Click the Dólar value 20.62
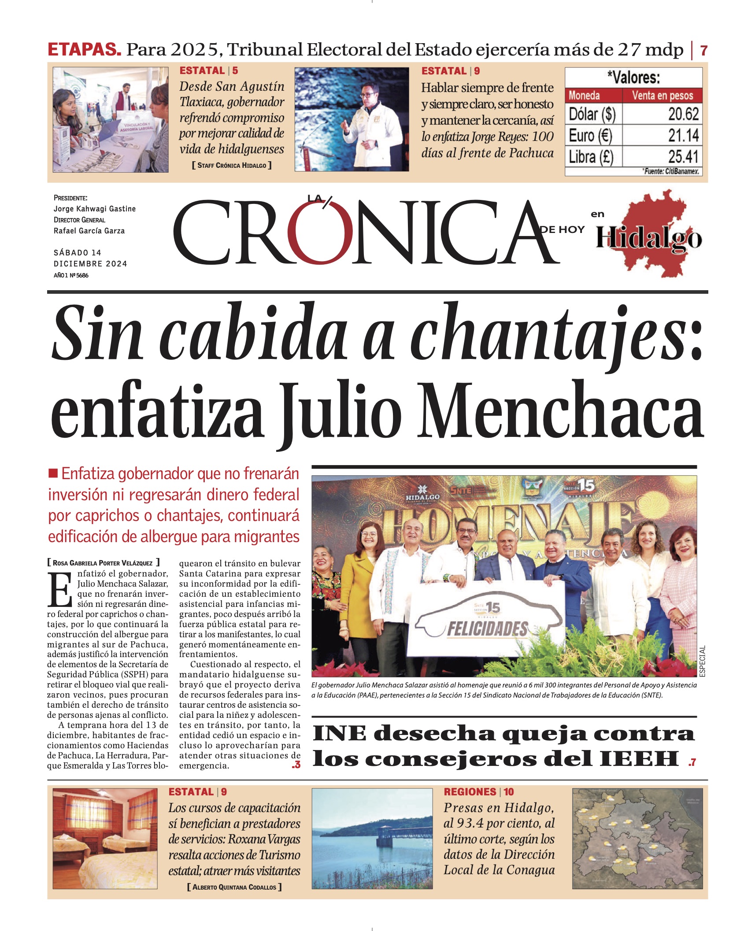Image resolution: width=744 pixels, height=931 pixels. pos(683,114)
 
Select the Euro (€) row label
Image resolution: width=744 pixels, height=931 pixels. pos(590,135)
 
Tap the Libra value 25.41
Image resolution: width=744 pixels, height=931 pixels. pos(683,156)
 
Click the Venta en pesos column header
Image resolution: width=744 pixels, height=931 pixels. pos(662,95)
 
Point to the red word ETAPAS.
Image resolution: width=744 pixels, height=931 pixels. pos(84,49)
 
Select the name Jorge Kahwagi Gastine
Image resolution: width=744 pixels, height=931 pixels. pos(95,209)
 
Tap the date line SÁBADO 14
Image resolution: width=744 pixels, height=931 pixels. pos(78,252)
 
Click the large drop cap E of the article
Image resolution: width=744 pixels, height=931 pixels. pos(60,589)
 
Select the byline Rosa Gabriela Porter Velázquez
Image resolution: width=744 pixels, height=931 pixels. pos(103,563)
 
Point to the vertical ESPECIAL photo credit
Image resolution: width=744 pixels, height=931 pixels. pos(702,661)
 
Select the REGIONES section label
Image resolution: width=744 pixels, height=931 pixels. pos(470,792)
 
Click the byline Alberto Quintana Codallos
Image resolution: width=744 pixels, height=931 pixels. pos(234,887)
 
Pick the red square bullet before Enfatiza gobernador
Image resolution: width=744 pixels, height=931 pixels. pos(53,473)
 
